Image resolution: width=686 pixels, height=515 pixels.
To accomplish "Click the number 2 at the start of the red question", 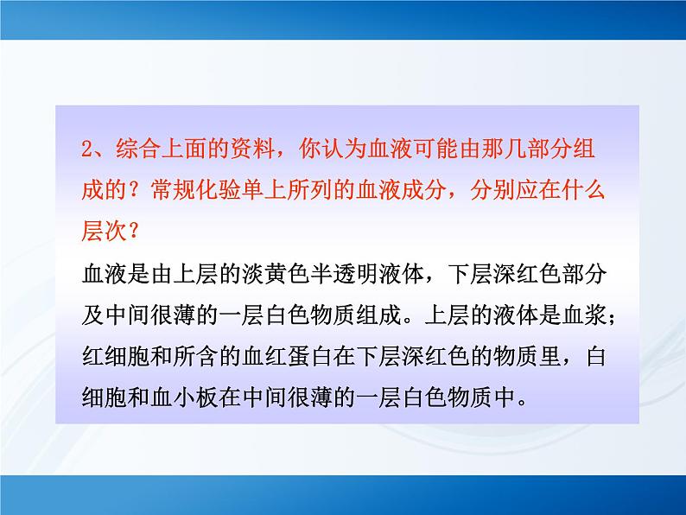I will [x=85, y=149].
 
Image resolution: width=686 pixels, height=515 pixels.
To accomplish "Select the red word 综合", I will [x=128, y=149].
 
